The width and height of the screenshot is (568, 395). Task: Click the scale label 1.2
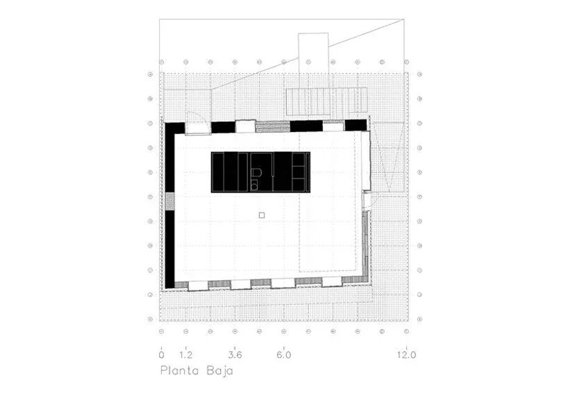point(186,355)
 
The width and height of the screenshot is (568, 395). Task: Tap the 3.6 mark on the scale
point(235,355)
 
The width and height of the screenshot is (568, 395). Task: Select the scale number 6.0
point(284,355)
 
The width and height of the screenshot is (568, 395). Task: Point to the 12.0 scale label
point(406,355)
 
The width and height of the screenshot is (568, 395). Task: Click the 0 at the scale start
point(162,355)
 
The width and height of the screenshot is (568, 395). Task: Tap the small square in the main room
point(262,215)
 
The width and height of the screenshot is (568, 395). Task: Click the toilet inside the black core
point(256,173)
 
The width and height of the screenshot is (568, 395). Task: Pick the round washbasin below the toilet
point(255,187)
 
